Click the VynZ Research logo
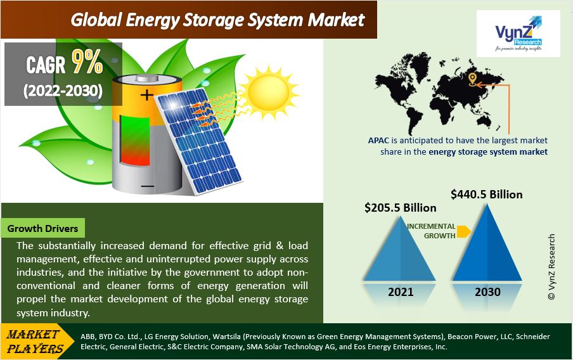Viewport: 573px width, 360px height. click(x=518, y=33)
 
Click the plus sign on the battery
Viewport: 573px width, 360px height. click(x=147, y=95)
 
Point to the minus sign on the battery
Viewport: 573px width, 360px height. click(x=147, y=186)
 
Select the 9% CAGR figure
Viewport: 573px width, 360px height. click(x=87, y=61)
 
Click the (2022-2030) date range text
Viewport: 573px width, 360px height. click(x=63, y=90)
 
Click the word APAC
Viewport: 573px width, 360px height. click(x=378, y=140)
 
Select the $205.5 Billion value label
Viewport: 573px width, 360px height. click(x=400, y=208)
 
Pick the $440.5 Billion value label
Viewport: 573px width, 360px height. click(x=486, y=194)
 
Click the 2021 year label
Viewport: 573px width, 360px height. click(x=401, y=292)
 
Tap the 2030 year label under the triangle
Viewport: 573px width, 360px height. click(x=487, y=292)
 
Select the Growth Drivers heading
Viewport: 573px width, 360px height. click(x=42, y=228)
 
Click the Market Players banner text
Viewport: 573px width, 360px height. click(x=35, y=342)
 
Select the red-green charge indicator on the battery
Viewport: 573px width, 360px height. click(x=135, y=140)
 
